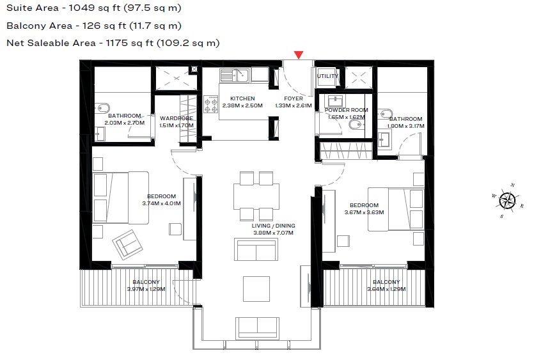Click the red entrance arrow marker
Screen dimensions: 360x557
coord(298,56)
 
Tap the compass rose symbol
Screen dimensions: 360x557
coord(507,200)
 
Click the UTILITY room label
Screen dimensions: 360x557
coord(327,76)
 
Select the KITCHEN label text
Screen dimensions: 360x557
coord(242,98)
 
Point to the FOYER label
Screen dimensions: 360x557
coord(294,98)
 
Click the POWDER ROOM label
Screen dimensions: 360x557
coord(347,110)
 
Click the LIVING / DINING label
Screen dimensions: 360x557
coord(273,226)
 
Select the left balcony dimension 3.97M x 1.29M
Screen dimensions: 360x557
coord(146,289)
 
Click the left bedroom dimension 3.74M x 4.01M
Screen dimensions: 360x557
coord(161,203)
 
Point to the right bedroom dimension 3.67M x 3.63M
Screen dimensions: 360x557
coord(364,212)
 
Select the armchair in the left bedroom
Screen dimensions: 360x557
coord(127,244)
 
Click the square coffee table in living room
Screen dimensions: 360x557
coord(256,288)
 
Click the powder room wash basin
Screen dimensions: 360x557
coord(336,101)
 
